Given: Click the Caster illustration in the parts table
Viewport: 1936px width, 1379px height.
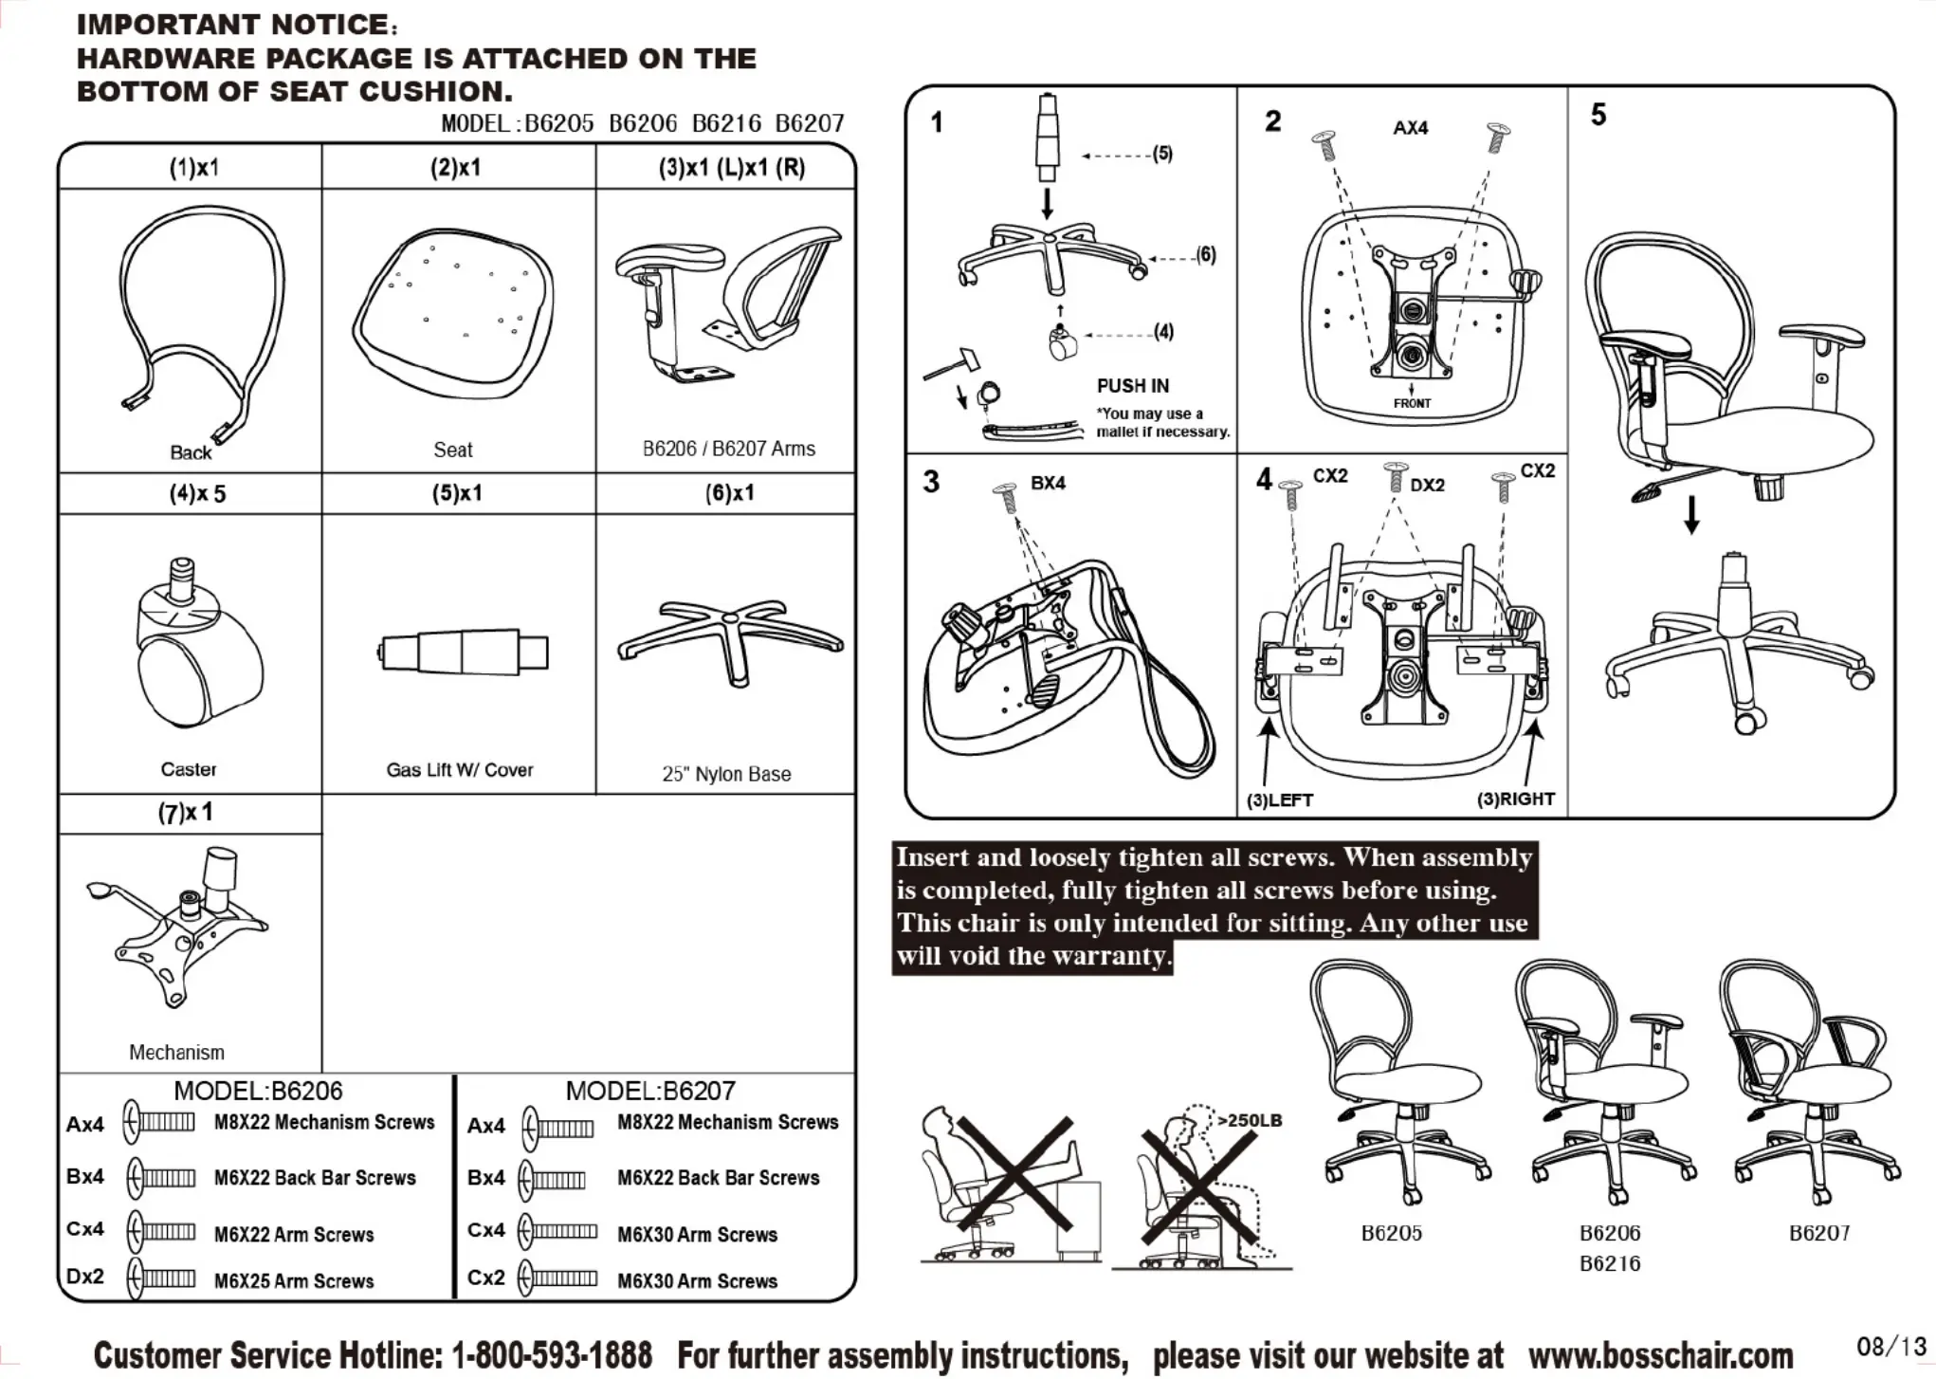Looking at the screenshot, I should point(197,645).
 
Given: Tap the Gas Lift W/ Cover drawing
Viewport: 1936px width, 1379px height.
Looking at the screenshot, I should point(464,653).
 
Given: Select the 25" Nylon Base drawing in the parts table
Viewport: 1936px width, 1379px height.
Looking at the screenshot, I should point(729,638).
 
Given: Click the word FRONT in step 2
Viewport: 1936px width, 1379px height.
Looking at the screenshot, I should point(1412,403).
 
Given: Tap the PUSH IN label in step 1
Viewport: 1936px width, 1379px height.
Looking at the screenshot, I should point(1133,386).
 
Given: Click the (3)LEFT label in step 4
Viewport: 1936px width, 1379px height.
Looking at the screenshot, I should point(1280,800).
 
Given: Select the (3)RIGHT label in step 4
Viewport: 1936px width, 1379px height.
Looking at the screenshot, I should point(1515,799).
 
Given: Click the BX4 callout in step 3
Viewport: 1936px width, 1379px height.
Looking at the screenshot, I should point(1048,483).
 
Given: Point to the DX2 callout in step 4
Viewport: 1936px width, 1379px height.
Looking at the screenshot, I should point(1427,486).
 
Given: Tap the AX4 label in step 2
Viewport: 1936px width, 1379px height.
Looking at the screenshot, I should point(1410,128).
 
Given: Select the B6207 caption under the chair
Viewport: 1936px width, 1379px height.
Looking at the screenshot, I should point(1818,1233).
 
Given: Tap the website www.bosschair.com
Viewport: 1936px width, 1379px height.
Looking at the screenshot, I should point(1660,1354).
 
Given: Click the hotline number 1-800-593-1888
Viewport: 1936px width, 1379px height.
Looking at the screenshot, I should point(552,1354).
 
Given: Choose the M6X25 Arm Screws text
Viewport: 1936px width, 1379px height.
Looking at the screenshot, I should point(294,1281).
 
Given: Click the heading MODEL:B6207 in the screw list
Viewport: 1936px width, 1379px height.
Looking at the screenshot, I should point(650,1091).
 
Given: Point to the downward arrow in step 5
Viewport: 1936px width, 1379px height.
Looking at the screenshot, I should point(1691,514).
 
